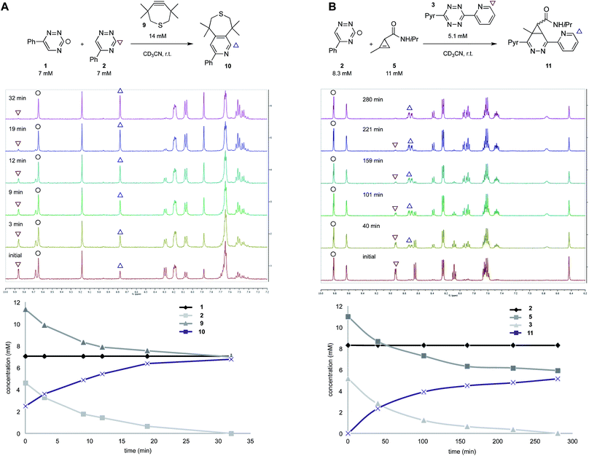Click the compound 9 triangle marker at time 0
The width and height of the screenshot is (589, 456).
coord(26,310)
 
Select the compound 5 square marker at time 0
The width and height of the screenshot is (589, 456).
coord(348,317)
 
